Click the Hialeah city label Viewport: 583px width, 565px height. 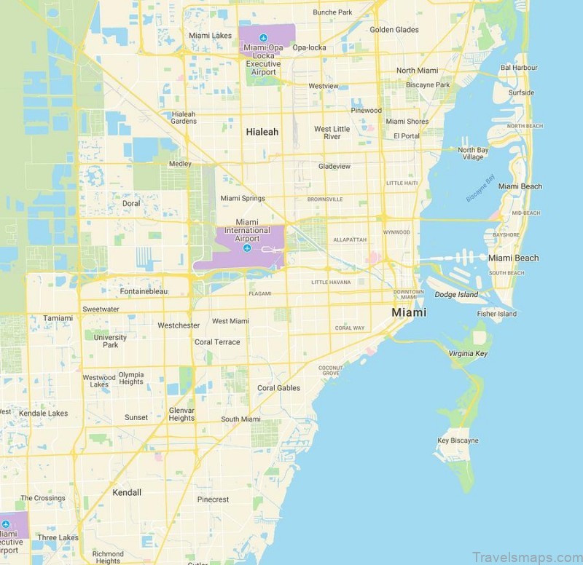pos(262,132)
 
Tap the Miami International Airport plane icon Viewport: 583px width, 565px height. pos(247,249)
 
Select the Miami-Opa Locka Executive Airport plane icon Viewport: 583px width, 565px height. pos(263,37)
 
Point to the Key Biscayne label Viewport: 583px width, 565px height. pos(458,440)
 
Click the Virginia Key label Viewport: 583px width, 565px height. pos(468,353)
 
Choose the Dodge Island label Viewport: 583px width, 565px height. pos(456,295)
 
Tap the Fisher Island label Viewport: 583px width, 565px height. pos(497,314)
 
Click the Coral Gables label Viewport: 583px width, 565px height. pos(278,388)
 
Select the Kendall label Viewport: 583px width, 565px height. pos(126,492)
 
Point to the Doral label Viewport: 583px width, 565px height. pos(131,204)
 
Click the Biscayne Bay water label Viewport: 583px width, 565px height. pos(480,188)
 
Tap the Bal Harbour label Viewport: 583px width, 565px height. pos(519,67)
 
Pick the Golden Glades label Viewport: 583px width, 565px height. pos(394,30)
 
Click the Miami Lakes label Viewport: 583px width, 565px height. pos(210,35)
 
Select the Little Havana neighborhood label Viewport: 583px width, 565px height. pos(331,282)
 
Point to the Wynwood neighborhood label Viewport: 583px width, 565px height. pos(396,232)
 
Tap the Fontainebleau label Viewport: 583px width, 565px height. pos(144,291)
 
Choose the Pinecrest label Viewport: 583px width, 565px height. pos(213,499)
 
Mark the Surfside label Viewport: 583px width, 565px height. pos(521,92)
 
